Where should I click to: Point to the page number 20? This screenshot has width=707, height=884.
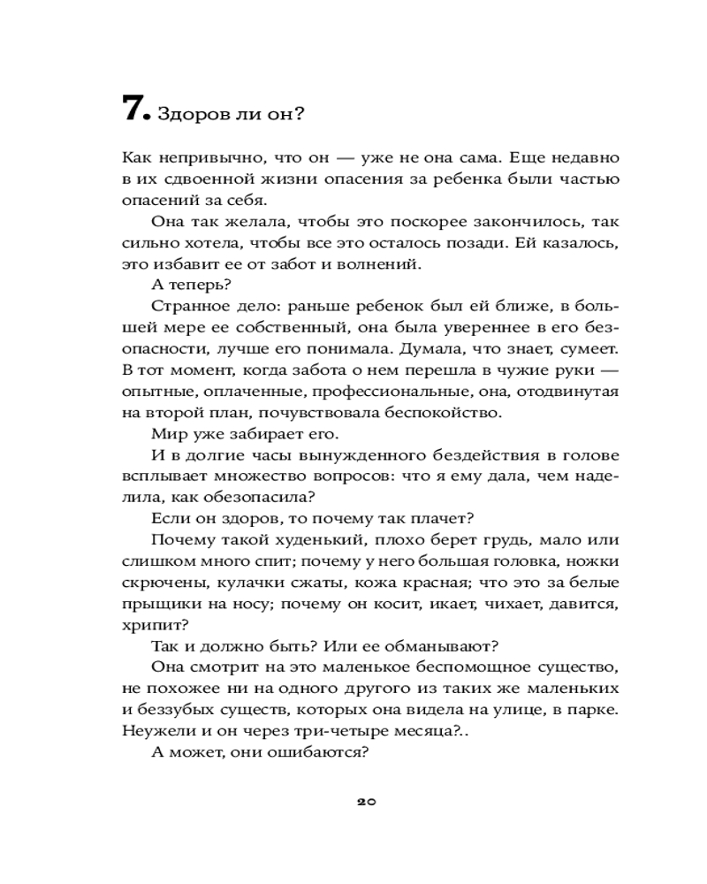pyautogui.click(x=367, y=802)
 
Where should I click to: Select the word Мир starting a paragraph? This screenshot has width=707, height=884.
pyautogui.click(x=169, y=433)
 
